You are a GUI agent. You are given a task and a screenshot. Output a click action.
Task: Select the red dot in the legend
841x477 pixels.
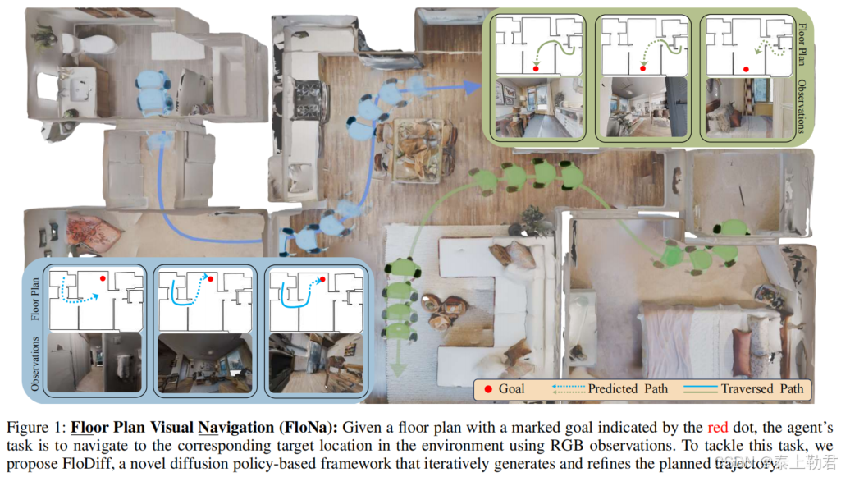488,388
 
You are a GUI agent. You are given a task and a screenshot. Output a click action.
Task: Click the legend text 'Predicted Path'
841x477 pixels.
628,388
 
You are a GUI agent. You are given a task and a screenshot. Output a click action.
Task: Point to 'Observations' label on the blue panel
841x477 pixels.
34,362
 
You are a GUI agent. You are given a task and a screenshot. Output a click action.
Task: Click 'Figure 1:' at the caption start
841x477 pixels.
35,429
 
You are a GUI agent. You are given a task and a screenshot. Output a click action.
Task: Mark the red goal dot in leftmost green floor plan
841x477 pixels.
536,70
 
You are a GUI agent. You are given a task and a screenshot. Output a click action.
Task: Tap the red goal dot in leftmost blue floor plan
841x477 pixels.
103,279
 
